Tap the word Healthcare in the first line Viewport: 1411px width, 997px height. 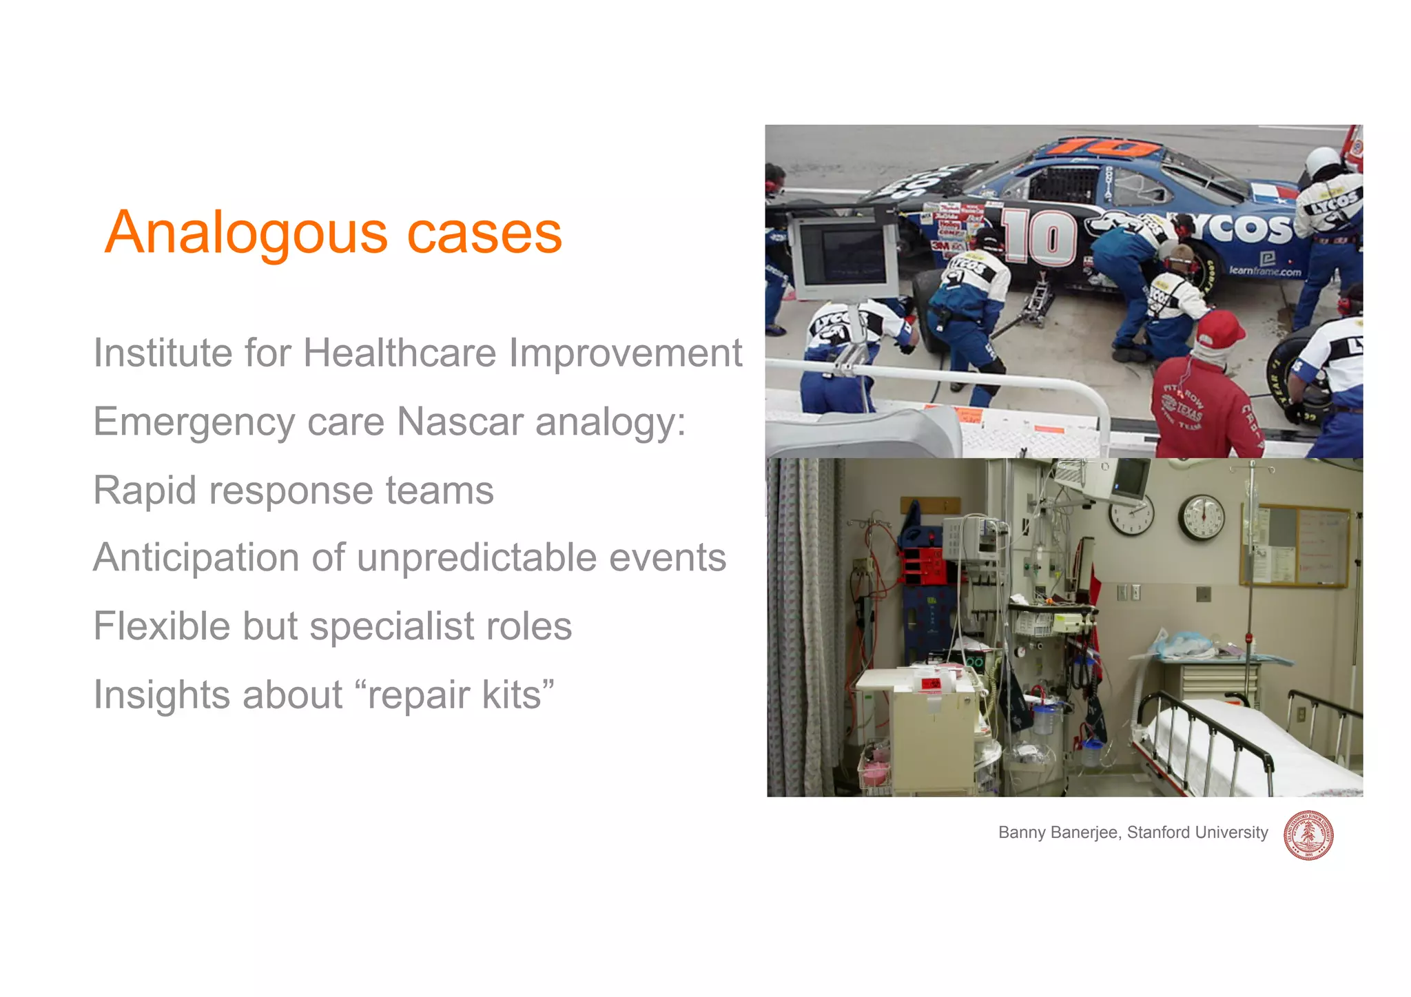pyautogui.click(x=399, y=353)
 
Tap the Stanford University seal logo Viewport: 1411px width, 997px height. pyautogui.click(x=1308, y=835)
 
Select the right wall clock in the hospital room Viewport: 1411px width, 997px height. pyautogui.click(x=1201, y=518)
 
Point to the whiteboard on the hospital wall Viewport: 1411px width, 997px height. pyautogui.click(x=1322, y=544)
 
